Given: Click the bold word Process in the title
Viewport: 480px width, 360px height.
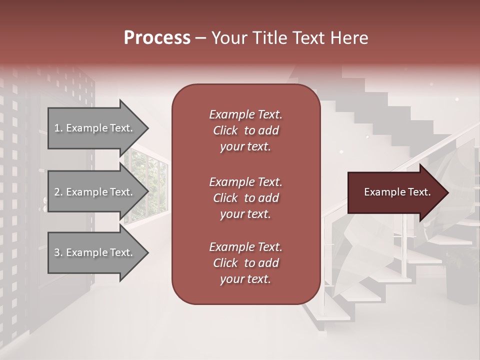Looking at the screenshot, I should point(157,38).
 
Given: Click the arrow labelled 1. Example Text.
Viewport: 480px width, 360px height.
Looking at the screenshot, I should point(95,128).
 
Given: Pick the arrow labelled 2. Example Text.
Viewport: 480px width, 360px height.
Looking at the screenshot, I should point(95,192).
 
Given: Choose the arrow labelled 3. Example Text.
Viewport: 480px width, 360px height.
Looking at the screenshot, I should point(95,252).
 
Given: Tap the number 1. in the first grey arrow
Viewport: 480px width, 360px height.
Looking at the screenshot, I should point(58,128).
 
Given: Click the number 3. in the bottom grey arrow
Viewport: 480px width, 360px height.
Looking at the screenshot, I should point(58,252).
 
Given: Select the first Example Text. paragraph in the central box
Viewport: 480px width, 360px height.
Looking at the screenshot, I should point(245,130).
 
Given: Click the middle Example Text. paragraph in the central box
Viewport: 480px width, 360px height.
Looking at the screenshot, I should point(245,197).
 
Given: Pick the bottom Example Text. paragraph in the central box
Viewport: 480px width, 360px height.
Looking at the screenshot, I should point(245,263).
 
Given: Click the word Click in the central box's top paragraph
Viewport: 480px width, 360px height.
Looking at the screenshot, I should point(225,130).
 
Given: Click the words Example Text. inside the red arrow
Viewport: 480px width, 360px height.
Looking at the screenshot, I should point(397,192).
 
